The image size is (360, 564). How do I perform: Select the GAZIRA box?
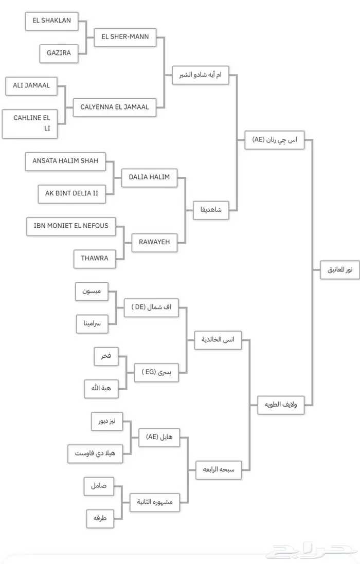click(58, 53)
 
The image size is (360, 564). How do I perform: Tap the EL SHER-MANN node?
click(125, 37)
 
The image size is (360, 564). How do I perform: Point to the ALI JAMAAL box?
click(31, 86)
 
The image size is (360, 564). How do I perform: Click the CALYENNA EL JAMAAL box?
click(115, 107)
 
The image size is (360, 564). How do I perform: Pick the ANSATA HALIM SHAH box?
click(65, 161)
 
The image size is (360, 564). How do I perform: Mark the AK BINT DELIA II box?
click(71, 194)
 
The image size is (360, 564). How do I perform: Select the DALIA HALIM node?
click(149, 177)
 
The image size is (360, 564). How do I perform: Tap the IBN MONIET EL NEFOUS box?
click(71, 226)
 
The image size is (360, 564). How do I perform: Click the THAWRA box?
click(95, 258)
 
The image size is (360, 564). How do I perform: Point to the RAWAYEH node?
click(154, 242)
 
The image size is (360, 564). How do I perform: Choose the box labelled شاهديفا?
click(211, 210)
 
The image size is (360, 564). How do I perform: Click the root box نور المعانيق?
click(340, 269)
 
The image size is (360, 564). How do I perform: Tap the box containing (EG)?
click(156, 372)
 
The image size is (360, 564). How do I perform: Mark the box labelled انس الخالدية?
click(218, 340)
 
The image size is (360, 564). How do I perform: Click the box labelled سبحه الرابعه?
click(218, 469)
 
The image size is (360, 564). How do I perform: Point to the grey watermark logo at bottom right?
click(314, 553)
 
